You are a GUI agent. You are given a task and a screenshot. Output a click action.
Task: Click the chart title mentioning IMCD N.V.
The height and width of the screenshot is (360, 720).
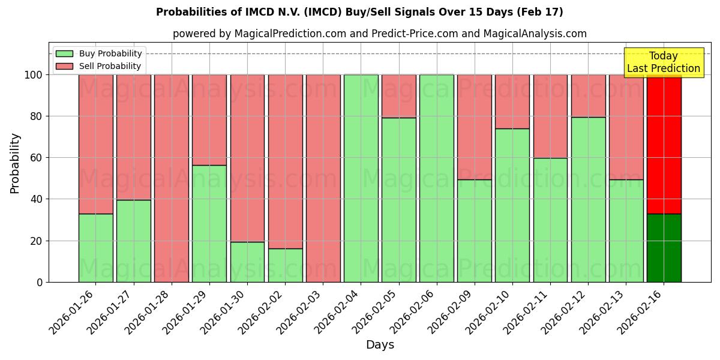(359, 12)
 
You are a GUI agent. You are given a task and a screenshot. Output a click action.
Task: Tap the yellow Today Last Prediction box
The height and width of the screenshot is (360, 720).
(663, 62)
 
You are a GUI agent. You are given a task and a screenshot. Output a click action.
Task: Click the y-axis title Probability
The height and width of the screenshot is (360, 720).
(15, 163)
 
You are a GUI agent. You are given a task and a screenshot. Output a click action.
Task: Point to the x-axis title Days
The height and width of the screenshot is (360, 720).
(380, 345)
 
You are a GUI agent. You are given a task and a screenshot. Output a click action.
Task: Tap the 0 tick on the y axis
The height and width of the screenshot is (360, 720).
(40, 282)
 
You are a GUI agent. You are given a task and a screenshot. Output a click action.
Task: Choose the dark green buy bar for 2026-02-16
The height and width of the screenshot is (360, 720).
(664, 248)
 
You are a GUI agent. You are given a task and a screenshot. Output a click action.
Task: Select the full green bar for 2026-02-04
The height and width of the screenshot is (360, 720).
(361, 178)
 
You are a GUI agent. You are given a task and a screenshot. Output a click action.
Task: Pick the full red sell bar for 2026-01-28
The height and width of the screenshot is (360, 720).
(172, 178)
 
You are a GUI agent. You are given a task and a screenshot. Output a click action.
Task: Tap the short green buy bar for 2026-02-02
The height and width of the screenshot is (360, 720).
(285, 265)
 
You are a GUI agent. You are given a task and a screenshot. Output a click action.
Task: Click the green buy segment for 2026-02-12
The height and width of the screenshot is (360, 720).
(588, 199)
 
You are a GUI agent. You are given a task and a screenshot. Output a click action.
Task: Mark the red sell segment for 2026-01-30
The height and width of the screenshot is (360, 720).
(247, 158)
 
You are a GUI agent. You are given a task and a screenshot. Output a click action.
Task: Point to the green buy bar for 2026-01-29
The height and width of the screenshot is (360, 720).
(209, 223)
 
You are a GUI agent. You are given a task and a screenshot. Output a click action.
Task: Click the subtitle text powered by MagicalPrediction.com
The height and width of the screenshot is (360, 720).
(379, 34)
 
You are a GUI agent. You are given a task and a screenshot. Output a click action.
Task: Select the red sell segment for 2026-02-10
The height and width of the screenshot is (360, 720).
(512, 101)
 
